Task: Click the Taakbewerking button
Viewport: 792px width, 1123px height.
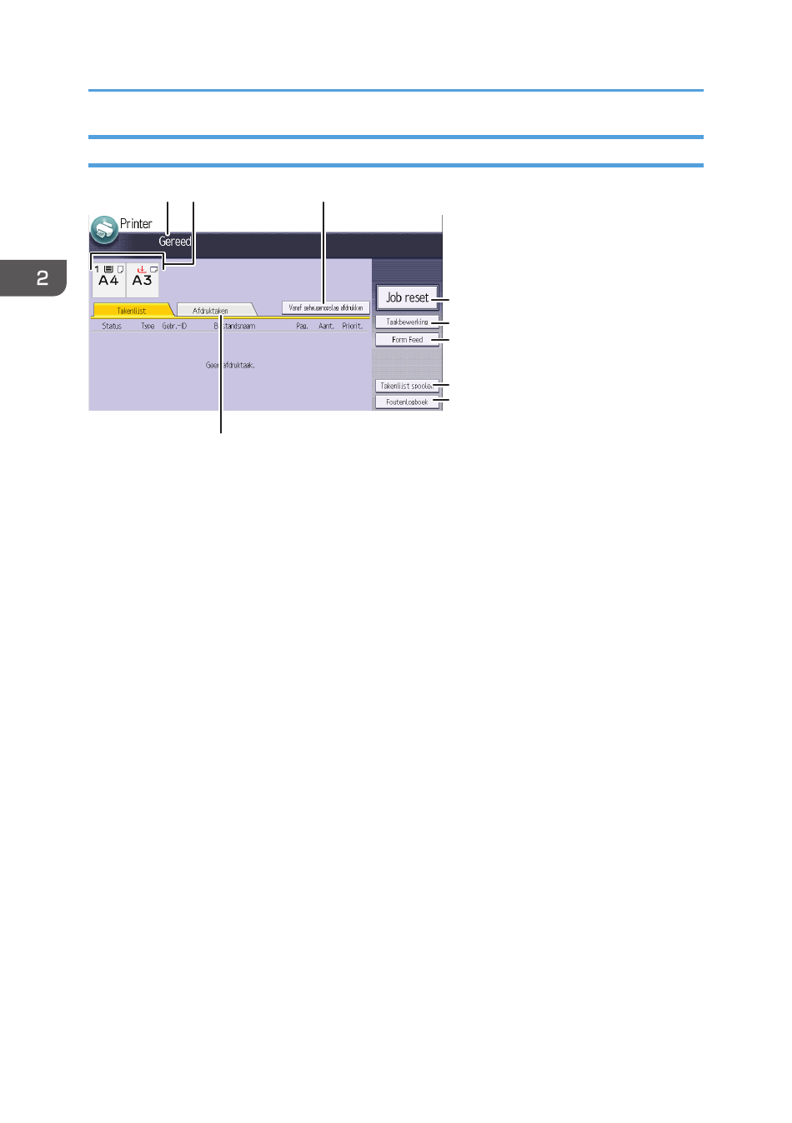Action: click(x=407, y=322)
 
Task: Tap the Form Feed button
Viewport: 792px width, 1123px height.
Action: click(x=407, y=340)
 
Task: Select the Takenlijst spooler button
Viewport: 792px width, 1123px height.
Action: click(x=407, y=386)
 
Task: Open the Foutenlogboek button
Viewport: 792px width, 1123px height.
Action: click(x=407, y=402)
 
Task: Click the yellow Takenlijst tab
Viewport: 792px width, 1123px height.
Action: click(x=132, y=311)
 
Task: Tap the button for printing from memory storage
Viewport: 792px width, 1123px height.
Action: click(x=325, y=307)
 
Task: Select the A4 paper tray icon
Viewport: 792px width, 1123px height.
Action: click(x=108, y=280)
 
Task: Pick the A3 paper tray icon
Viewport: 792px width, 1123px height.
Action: click(x=143, y=280)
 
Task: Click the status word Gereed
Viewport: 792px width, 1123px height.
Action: click(x=175, y=242)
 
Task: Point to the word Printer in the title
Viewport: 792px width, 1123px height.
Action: click(x=136, y=224)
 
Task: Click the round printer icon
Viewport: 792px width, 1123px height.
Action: click(x=104, y=229)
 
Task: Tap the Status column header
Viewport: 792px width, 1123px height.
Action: click(x=112, y=327)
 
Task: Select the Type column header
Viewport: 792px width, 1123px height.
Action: click(x=148, y=327)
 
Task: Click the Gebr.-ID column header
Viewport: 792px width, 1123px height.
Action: click(x=174, y=327)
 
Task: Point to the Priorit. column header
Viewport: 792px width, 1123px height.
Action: click(x=353, y=327)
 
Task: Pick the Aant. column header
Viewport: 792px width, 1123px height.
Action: click(x=326, y=327)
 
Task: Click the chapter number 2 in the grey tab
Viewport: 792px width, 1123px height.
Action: click(x=43, y=278)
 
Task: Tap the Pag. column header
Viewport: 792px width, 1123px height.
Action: click(x=302, y=327)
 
